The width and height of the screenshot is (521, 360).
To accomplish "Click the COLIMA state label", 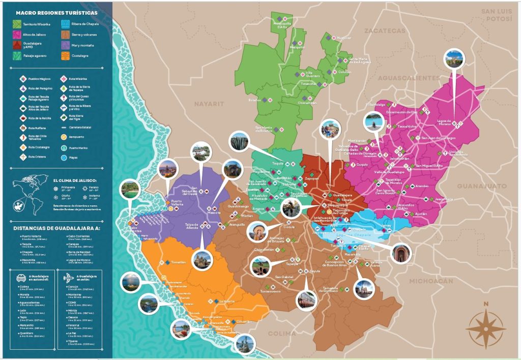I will (281, 334).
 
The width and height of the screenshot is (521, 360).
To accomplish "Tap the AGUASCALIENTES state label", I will (409, 78).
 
